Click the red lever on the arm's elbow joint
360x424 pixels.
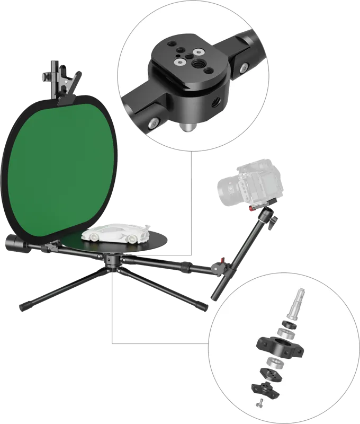pos(221,261)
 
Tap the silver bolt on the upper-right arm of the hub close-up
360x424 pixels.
pos(244,68)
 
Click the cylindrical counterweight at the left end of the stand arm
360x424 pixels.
pos(15,245)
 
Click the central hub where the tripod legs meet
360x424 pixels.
pos(111,261)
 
